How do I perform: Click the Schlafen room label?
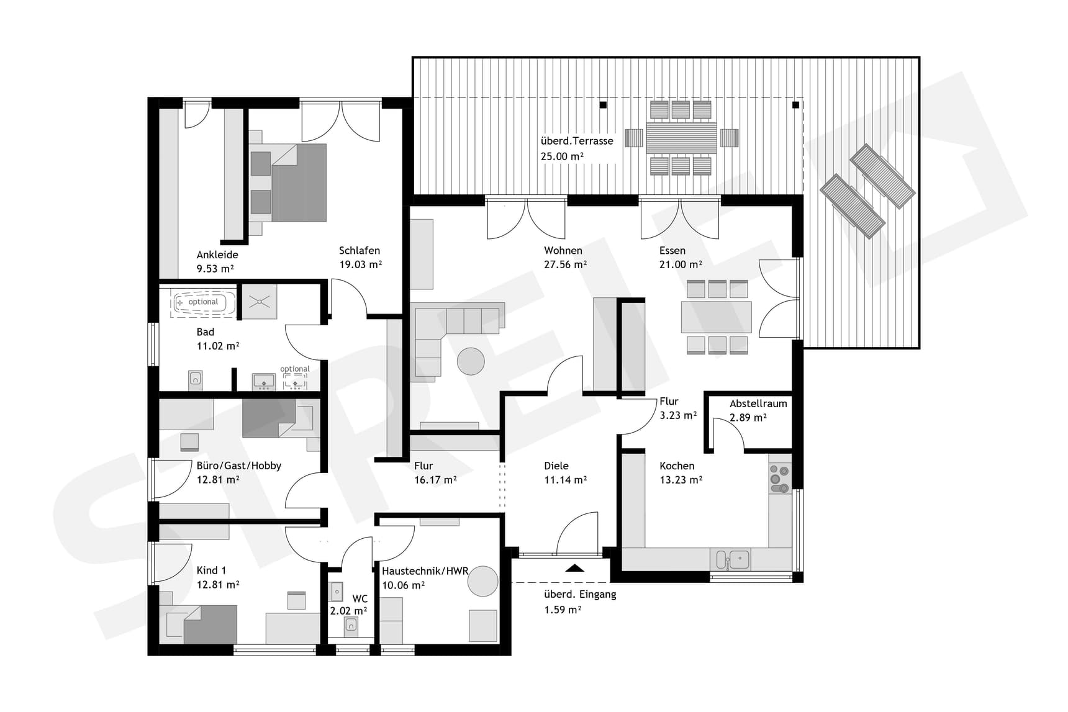click(x=359, y=250)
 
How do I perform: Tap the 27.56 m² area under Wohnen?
click(x=565, y=264)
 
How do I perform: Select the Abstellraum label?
click(x=758, y=403)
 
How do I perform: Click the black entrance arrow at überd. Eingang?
click(x=575, y=567)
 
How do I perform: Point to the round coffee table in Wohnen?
click(x=471, y=361)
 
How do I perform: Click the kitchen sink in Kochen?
click(x=733, y=559)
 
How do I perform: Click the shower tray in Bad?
click(x=259, y=302)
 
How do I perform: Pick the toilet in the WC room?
click(x=351, y=626)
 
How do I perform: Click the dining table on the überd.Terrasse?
click(x=681, y=138)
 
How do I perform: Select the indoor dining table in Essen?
click(x=716, y=317)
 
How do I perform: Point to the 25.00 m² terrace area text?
click(x=562, y=156)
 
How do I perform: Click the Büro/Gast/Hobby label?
click(x=238, y=466)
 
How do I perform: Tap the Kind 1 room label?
click(x=211, y=570)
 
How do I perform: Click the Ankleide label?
click(x=217, y=255)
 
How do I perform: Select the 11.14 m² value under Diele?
click(x=565, y=480)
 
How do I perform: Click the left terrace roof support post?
click(x=603, y=105)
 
